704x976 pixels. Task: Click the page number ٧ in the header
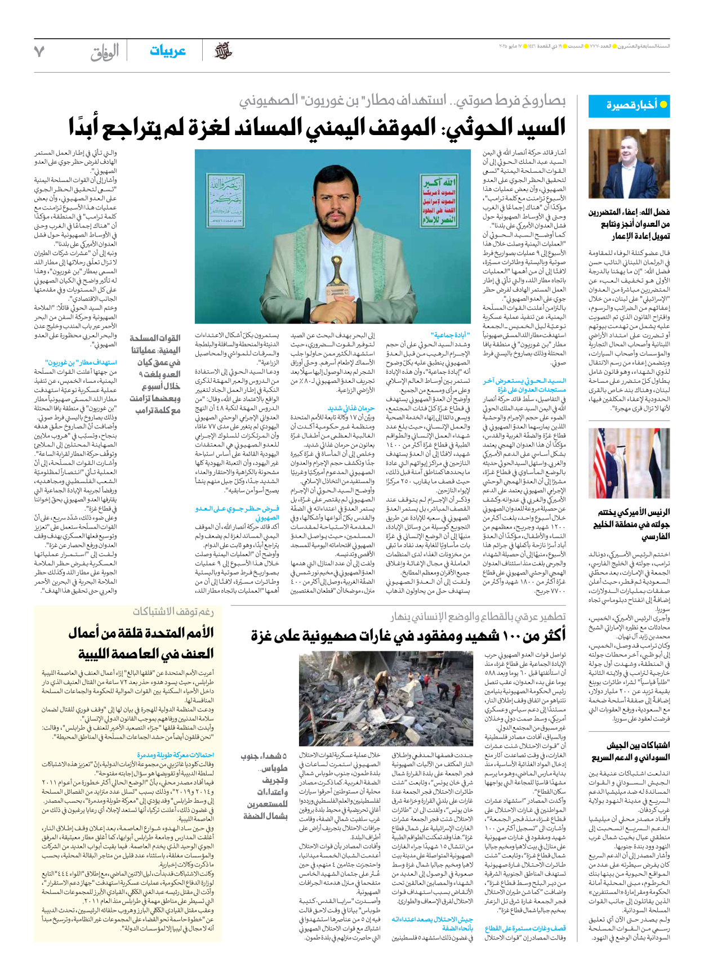(39, 52)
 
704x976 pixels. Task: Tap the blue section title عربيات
(167, 51)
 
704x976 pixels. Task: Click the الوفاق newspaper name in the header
(105, 52)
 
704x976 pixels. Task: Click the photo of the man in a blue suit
(629, 164)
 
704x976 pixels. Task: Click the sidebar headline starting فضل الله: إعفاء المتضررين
(629, 223)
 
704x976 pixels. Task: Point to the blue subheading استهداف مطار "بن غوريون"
(81, 362)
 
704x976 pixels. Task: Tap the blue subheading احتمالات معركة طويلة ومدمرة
(175, 755)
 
